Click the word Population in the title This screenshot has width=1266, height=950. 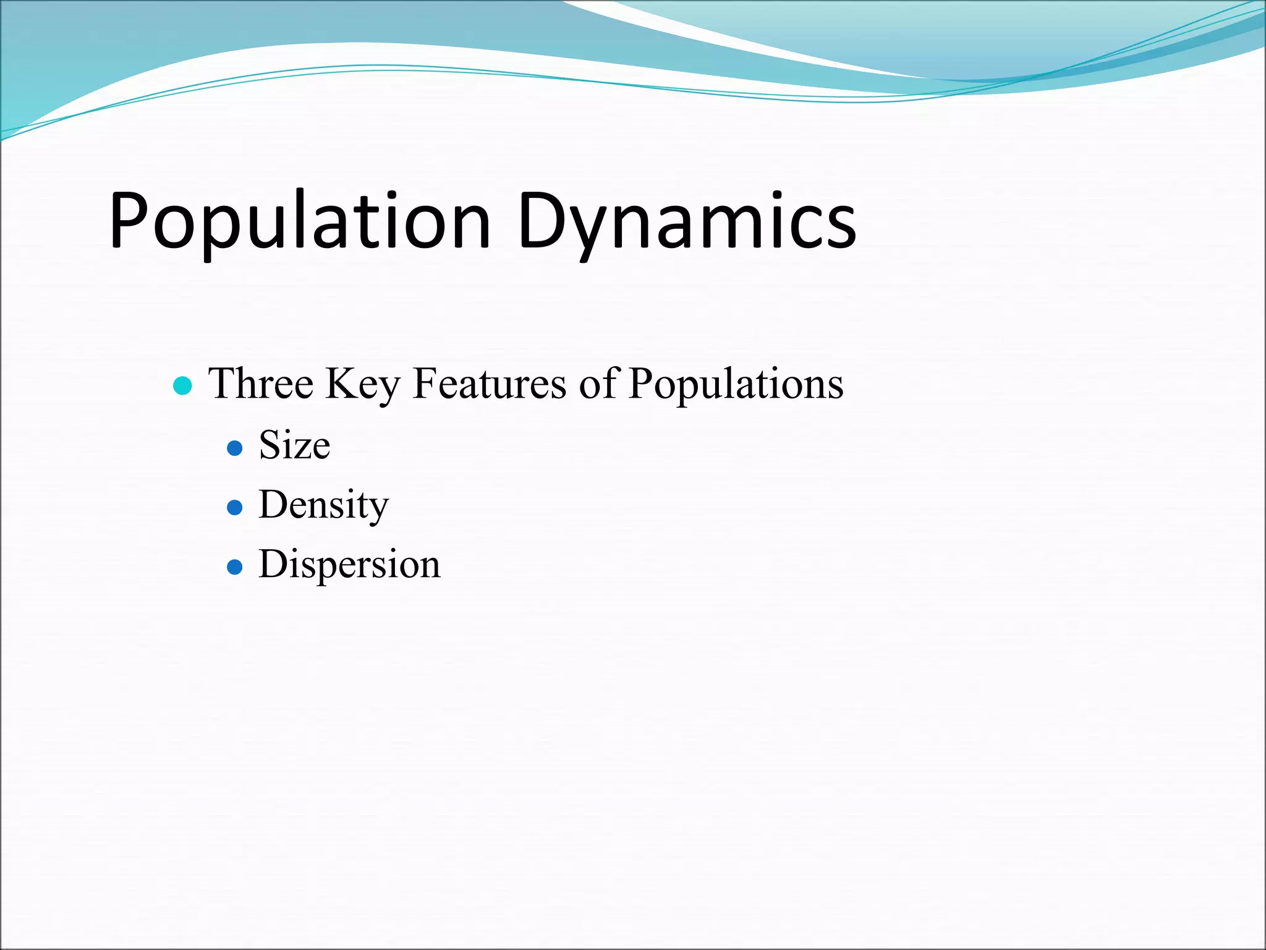click(x=300, y=221)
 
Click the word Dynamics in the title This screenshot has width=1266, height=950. click(x=686, y=221)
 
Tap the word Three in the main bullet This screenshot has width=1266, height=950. click(x=261, y=383)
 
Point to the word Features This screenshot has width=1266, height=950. click(x=489, y=383)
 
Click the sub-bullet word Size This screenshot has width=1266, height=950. click(x=294, y=445)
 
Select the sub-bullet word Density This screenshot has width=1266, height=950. click(x=323, y=505)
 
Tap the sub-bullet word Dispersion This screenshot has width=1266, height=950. click(x=349, y=565)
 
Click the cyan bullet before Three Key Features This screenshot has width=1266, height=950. click(x=183, y=386)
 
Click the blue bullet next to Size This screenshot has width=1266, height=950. click(x=234, y=448)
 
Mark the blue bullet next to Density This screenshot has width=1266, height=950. click(x=234, y=508)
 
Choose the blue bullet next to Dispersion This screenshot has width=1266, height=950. click(x=234, y=567)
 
